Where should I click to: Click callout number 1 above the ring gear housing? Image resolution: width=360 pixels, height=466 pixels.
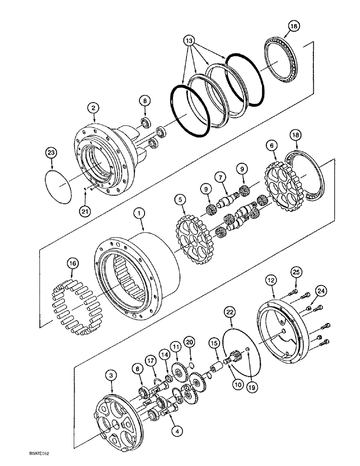(x=138, y=214)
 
